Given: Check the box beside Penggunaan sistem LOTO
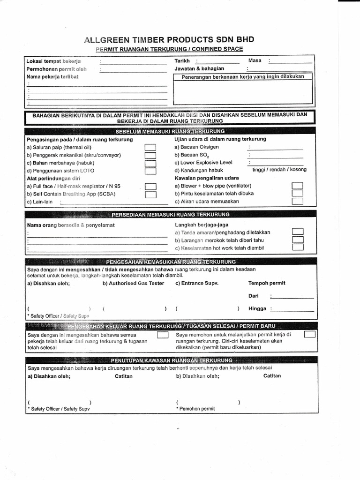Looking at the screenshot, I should click(150, 171).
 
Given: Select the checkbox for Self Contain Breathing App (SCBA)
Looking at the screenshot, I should click(150, 194).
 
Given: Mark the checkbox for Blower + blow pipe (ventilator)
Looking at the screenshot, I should click(297, 186).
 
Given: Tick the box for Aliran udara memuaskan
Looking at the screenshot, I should click(297, 202).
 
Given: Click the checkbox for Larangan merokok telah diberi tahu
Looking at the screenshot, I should click(297, 240).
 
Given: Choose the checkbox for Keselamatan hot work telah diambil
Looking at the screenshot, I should click(297, 248).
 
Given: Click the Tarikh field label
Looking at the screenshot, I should click(182, 61).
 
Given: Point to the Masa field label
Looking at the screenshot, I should click(255, 60).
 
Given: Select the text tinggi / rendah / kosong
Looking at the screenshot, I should click(279, 170).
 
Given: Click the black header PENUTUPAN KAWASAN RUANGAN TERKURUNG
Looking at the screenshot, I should click(171, 360).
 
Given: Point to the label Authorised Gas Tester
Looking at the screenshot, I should click(134, 283).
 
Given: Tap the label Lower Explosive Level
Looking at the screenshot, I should click(203, 162).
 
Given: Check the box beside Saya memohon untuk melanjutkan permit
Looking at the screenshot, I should click(309, 335).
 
